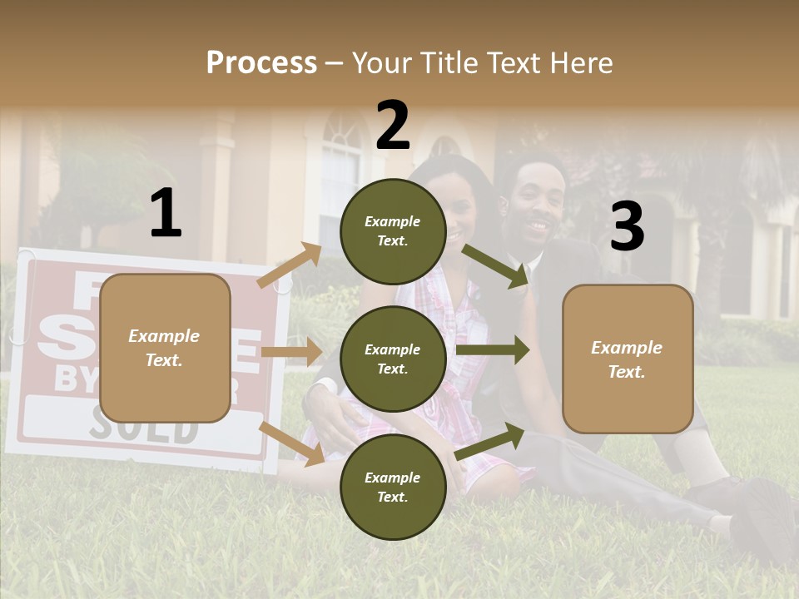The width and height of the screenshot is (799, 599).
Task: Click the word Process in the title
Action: click(261, 63)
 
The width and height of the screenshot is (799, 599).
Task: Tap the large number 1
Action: click(166, 214)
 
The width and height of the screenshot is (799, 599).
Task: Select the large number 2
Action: click(393, 125)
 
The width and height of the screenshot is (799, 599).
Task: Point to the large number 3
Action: click(627, 227)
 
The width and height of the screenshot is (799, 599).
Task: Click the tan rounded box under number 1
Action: click(165, 348)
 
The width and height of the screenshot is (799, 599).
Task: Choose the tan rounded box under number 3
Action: click(628, 359)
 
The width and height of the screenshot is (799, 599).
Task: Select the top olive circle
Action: click(393, 231)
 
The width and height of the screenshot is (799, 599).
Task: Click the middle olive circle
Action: click(393, 359)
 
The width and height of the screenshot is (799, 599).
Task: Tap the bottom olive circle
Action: click(393, 487)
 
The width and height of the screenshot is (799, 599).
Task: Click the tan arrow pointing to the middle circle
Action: click(290, 352)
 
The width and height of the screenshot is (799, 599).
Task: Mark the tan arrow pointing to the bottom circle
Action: click(291, 443)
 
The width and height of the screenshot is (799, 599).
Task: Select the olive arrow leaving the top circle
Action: click(496, 265)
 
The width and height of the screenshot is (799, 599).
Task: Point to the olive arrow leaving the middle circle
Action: click(492, 349)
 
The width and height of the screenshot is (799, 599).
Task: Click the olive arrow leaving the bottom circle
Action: click(490, 443)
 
